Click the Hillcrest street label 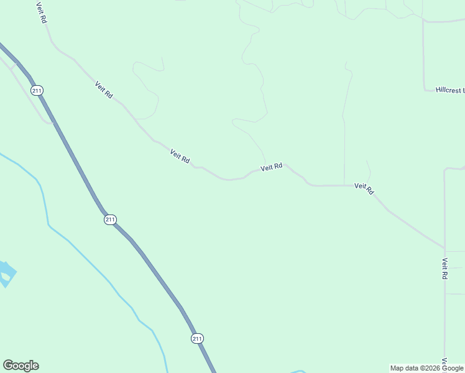click(x=449, y=90)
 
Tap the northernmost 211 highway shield click(x=38, y=91)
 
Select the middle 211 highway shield click(x=110, y=219)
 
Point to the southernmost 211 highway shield click(x=197, y=338)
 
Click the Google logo click(x=21, y=366)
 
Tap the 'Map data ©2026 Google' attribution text click(x=427, y=368)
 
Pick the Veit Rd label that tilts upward click(x=272, y=167)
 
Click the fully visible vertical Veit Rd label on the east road click(x=445, y=269)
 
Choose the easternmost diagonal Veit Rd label click(x=364, y=188)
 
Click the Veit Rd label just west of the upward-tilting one click(x=180, y=156)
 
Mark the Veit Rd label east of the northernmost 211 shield click(x=104, y=90)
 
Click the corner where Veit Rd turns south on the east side click(x=444, y=249)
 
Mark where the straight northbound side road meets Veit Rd click(x=344, y=185)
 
